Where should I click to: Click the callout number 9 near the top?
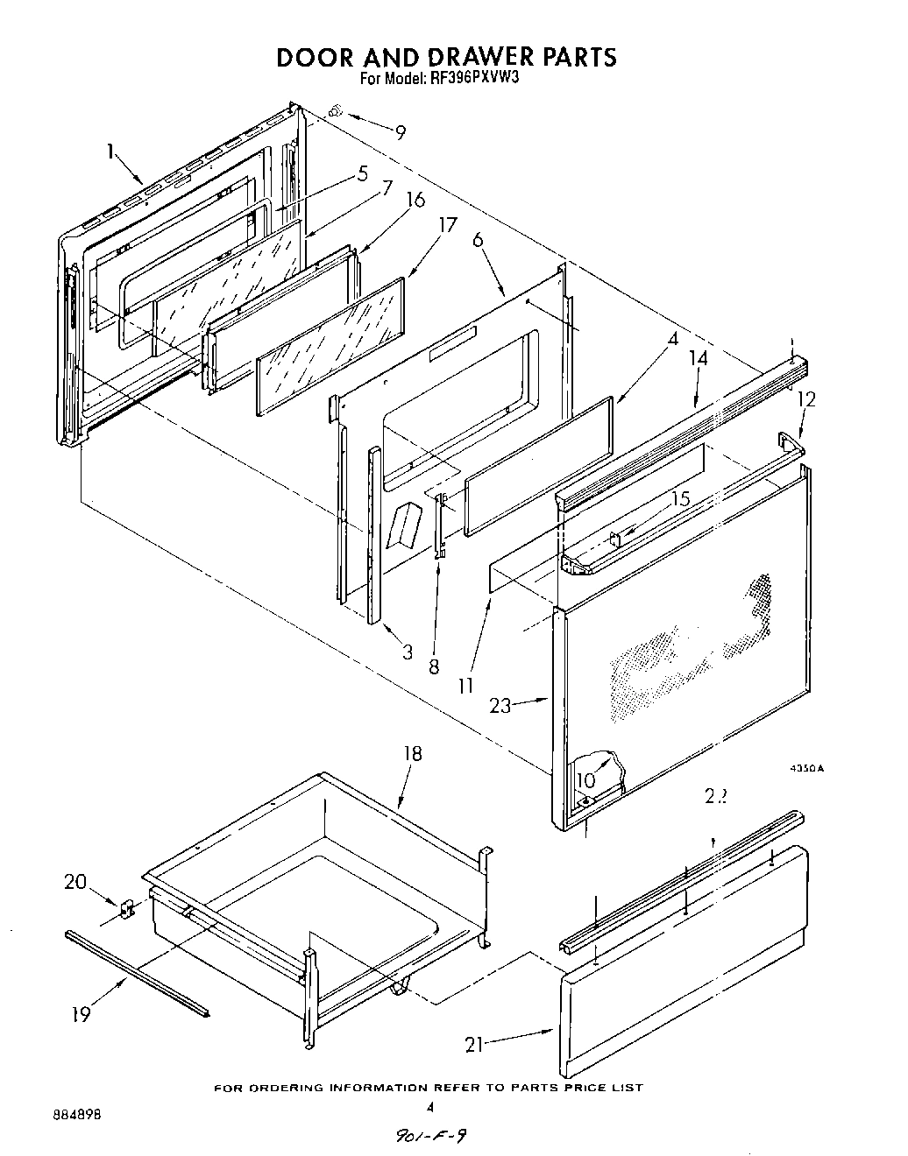click(400, 133)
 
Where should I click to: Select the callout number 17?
click(447, 225)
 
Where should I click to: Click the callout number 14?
click(698, 357)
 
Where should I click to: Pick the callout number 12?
click(805, 398)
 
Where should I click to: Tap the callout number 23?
click(500, 705)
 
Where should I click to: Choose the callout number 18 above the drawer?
click(412, 753)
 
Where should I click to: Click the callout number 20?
click(75, 882)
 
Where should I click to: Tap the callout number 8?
click(433, 666)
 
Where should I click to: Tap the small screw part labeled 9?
click(334, 110)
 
